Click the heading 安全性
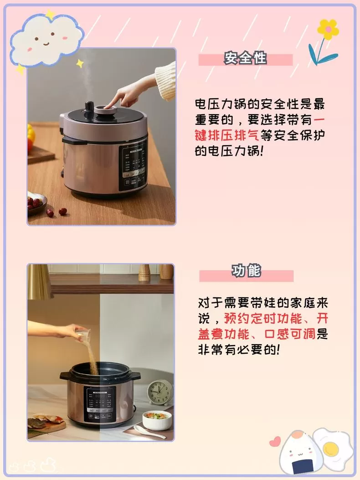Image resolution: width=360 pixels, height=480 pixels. point(245,59)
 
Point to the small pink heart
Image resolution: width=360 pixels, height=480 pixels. point(275,441)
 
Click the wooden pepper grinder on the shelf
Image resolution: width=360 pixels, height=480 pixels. point(144,272)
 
